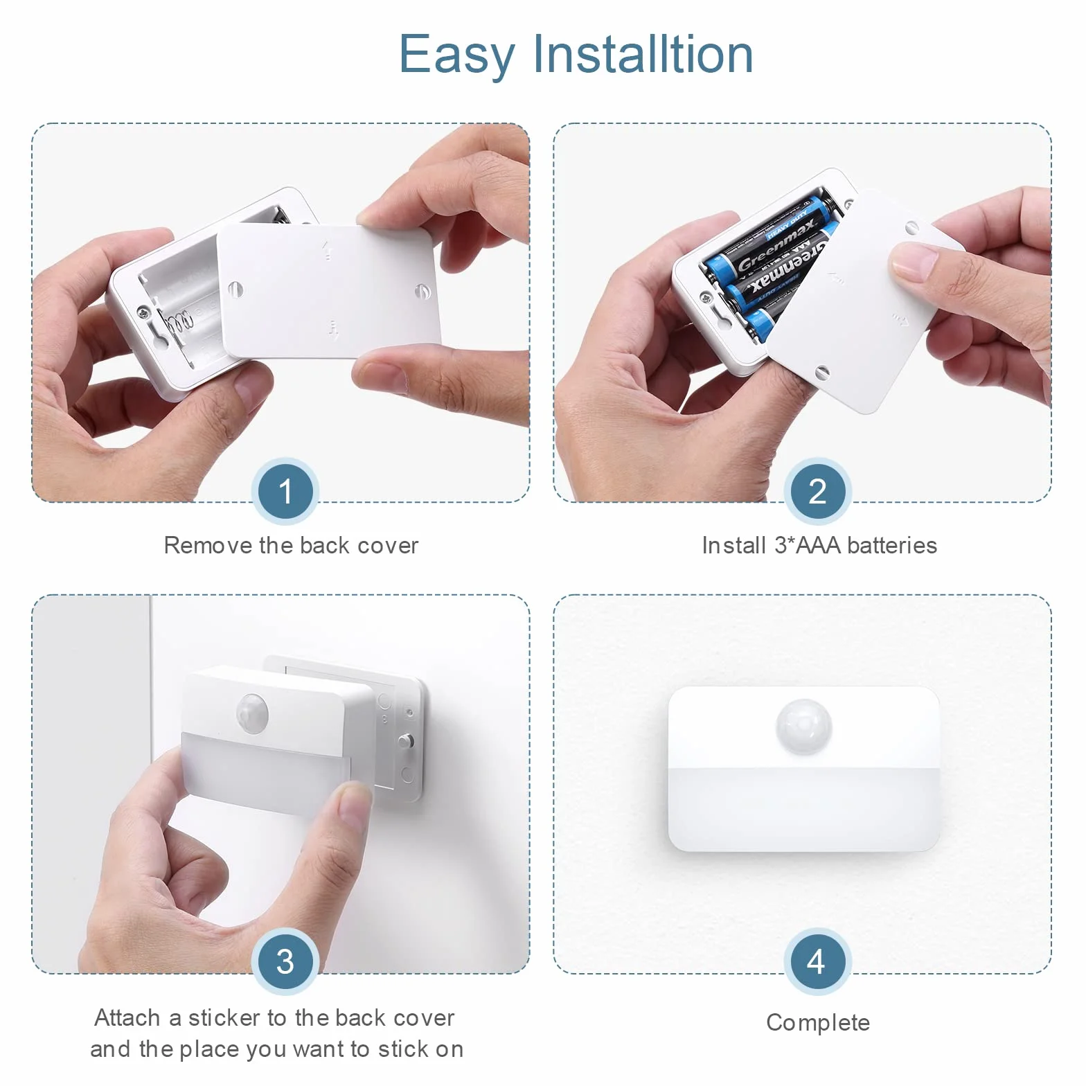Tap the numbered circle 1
click(x=285, y=491)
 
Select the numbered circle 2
click(x=817, y=491)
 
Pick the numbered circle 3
click(x=285, y=961)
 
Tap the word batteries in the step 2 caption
click(x=891, y=546)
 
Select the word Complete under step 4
click(x=818, y=1023)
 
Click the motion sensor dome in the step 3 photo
click(x=252, y=711)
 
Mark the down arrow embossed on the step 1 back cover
click(x=334, y=330)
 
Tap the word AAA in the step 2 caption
click(x=819, y=546)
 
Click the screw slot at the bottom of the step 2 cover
click(x=822, y=372)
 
